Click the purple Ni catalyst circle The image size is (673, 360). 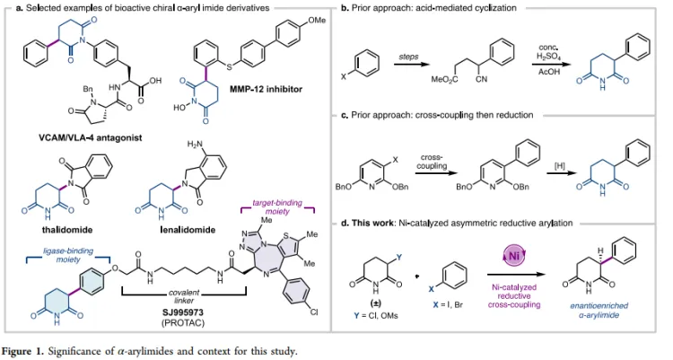pos(514,257)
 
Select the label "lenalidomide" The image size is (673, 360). pos(188,230)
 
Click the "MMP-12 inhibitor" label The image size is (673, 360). pos(266,90)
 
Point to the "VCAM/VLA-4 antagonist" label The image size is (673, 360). pos(90,138)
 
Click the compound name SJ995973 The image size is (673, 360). pos(183,312)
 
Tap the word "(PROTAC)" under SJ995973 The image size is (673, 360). pos(183,322)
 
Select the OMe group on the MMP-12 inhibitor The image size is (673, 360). pos(317,20)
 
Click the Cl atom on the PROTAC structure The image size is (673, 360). pos(314,312)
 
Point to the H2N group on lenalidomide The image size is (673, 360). pos(195,145)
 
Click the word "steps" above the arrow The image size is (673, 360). pos(408,57)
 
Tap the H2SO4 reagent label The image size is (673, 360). pos(548,57)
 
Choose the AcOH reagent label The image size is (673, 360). pos(549,72)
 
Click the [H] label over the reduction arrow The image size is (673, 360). pos(560,166)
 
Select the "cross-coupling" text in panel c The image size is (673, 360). pos(432,162)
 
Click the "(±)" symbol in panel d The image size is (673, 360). pos(376,303)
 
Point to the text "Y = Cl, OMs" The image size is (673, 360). pos(376,316)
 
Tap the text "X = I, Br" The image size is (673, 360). pos(449,304)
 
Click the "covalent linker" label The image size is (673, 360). pos(184,296)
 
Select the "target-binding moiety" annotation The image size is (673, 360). pos(277,206)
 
